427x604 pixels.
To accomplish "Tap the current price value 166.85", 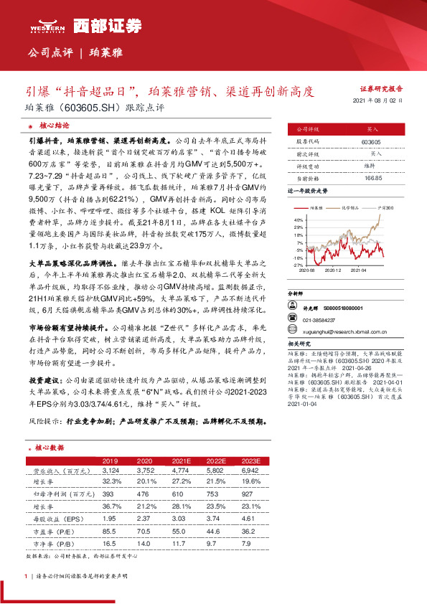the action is (x=372, y=177).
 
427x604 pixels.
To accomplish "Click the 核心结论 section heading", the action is (x=52, y=123).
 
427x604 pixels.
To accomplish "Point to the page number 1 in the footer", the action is (x=26, y=576).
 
